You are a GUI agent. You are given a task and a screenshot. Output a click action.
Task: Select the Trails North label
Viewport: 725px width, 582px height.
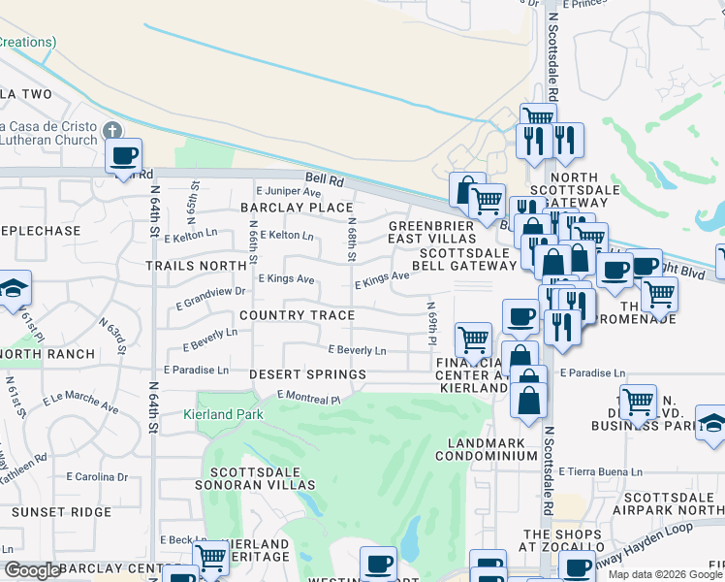pyautogui.click(x=196, y=265)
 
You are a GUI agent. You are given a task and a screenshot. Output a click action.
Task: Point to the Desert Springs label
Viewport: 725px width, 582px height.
pyautogui.click(x=307, y=374)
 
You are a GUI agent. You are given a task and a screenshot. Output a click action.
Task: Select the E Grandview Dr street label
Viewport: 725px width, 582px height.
pyautogui.click(x=210, y=298)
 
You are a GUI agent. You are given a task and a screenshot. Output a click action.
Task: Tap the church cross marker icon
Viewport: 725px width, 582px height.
pyautogui.click(x=112, y=130)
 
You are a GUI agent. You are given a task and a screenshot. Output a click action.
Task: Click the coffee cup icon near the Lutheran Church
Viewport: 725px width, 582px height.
pyautogui.click(x=123, y=155)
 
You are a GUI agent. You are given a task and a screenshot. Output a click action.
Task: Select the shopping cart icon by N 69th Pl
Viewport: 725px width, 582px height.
pyautogui.click(x=473, y=339)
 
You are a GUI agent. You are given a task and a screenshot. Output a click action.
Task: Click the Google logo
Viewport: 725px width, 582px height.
pyautogui.click(x=32, y=570)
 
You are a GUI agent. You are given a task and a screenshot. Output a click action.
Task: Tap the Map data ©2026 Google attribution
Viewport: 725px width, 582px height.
pyautogui.click(x=665, y=574)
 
